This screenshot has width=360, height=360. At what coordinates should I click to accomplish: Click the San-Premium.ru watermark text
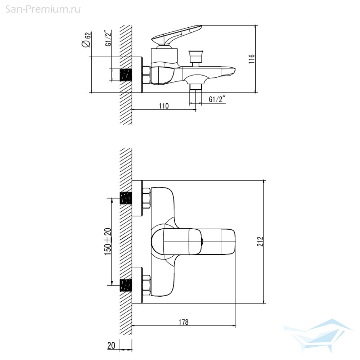tap(43, 9)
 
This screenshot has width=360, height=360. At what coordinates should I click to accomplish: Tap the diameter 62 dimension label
tap(86, 40)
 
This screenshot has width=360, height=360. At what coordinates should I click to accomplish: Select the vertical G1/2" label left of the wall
tap(108, 38)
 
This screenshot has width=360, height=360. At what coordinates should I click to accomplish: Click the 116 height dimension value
tap(252, 59)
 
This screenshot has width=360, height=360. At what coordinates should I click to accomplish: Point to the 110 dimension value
tap(164, 106)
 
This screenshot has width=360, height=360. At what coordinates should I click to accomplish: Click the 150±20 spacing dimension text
tap(108, 242)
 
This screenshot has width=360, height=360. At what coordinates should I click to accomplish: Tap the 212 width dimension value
tap(260, 242)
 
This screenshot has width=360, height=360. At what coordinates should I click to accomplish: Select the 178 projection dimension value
tap(184, 322)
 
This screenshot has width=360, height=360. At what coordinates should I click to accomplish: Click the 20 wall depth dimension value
tap(111, 345)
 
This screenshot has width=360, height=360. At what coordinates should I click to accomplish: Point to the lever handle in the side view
tap(176, 35)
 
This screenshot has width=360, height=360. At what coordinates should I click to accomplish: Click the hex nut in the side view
tap(147, 75)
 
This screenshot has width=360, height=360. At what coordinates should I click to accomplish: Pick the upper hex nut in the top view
tap(147, 198)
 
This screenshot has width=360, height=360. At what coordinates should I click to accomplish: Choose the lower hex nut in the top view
tap(147, 285)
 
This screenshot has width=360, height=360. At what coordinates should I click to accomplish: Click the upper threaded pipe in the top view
tap(126, 198)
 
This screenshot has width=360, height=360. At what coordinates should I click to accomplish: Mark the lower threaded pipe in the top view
tap(126, 285)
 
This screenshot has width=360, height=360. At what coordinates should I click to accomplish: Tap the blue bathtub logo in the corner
tap(319, 335)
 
